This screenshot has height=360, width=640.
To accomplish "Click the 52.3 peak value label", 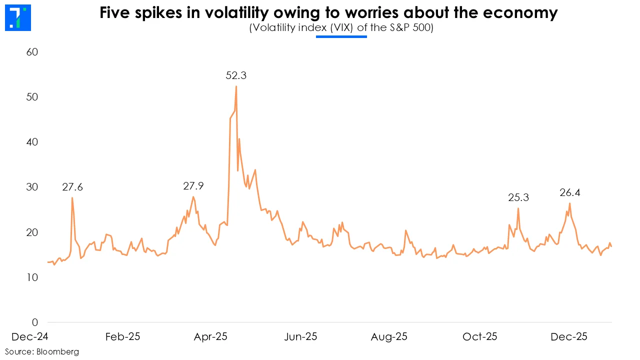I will [236, 76].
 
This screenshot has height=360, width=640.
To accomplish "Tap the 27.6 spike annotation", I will [72, 187].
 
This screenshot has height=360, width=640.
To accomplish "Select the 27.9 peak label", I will [193, 186].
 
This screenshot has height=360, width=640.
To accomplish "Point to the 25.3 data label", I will [518, 198].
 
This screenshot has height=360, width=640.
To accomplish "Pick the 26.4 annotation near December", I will [570, 192].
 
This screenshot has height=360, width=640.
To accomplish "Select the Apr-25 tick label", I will [210, 336].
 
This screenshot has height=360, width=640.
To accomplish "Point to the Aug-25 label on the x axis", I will [389, 336].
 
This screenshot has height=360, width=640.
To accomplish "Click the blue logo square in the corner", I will [17, 17].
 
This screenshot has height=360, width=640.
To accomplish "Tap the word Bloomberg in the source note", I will [57, 352].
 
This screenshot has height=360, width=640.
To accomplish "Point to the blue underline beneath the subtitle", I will [341, 36].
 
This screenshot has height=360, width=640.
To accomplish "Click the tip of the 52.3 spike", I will [236, 86].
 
